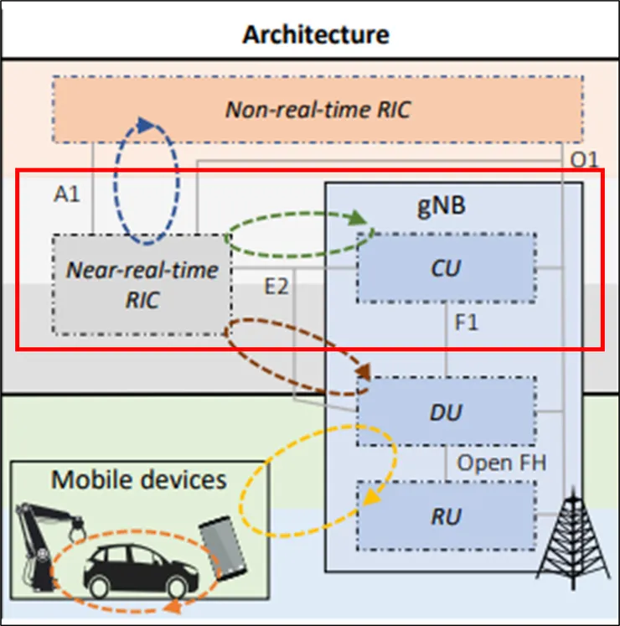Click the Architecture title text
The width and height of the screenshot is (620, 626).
(x=315, y=34)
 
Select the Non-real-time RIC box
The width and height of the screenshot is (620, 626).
(x=318, y=110)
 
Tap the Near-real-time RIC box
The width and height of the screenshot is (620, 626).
(x=142, y=285)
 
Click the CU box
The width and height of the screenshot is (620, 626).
(x=446, y=268)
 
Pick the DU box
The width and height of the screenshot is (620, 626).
(x=446, y=411)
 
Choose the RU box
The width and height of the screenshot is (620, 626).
(x=446, y=515)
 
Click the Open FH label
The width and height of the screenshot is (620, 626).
(x=502, y=463)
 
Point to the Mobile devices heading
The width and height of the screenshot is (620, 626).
(x=138, y=479)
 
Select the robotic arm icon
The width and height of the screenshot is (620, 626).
(x=47, y=536)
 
